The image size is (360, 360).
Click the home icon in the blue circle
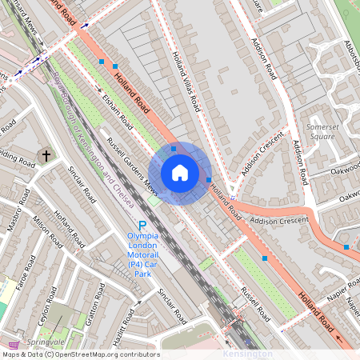pyautogui.click(x=180, y=173)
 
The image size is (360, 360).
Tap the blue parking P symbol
pyautogui.click(x=142, y=226)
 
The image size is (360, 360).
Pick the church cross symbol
pyautogui.click(x=46, y=154)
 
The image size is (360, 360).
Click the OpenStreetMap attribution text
pyautogui.click(x=80, y=354)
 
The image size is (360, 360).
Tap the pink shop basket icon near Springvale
pyautogui.click(x=13, y=342)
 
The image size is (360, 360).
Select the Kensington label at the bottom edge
pyautogui.click(x=245, y=354)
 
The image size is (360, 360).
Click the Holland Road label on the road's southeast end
pyautogui.click(x=316, y=312)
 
